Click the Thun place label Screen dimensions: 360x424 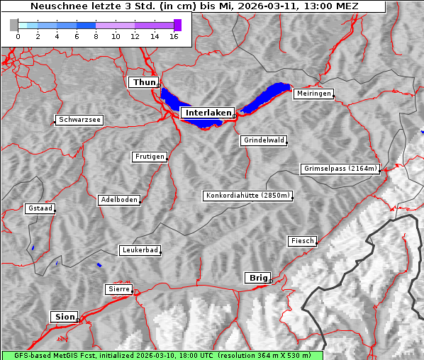[143, 83]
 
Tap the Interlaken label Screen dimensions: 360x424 [208, 113]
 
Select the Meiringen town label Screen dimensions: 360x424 [313, 94]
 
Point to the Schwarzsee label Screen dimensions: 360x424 [80, 120]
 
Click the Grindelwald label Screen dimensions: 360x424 [264, 140]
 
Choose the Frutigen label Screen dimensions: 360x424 [150, 157]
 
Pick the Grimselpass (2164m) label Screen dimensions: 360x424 [340, 169]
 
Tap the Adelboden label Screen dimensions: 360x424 [118, 200]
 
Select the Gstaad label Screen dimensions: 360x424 [40, 208]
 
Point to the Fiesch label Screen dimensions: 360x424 [302, 241]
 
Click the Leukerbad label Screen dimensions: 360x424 [140, 250]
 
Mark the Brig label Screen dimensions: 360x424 [257, 278]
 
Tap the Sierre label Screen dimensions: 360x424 [118, 289]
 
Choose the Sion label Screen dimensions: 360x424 [64, 317]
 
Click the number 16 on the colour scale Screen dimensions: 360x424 [174, 37]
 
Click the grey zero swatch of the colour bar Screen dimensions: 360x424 [14, 25]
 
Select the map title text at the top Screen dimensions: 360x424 [194, 6]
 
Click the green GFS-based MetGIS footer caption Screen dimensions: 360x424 [162, 355]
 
